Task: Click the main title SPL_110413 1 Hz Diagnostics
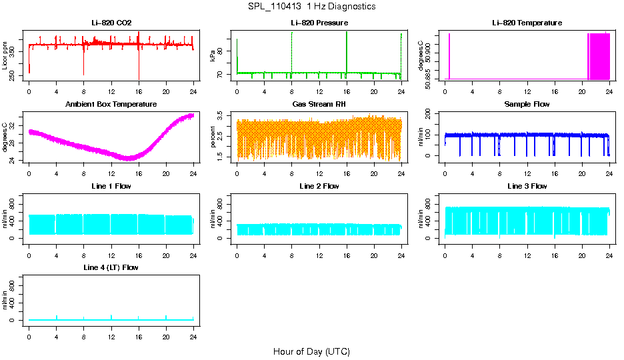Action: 311,7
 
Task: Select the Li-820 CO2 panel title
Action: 111,23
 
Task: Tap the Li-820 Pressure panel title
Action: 319,23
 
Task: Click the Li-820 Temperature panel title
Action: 527,23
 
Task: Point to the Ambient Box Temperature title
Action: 111,105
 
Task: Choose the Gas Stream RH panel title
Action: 319,105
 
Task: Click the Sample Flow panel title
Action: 527,105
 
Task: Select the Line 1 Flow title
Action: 111,186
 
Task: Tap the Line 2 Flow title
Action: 319,186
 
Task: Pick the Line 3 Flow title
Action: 527,186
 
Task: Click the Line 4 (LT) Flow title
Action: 111,267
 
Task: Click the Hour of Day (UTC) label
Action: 311,351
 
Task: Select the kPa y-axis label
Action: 213,55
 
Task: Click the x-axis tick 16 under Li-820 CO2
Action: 139,91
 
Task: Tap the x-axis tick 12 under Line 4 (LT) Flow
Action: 111,335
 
